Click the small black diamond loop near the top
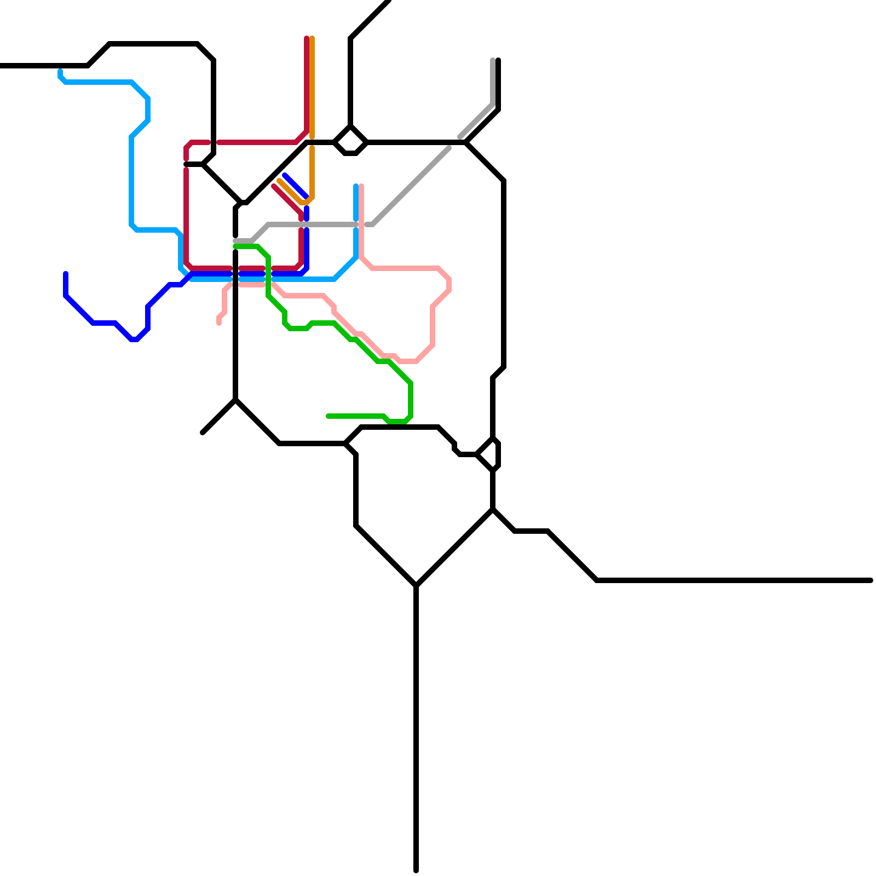[350, 141]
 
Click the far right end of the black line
[871, 580]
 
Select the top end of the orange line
[312, 38]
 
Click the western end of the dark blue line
[66, 273]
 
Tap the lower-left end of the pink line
[219, 323]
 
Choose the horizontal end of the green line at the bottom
[328, 416]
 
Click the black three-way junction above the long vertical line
[416, 586]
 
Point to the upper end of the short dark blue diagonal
[285, 175]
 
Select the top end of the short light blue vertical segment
[356, 186]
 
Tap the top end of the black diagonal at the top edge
[389, 2]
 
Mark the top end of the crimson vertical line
[307, 38]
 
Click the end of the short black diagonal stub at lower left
[203, 433]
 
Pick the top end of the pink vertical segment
[361, 186]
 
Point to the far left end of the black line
[2, 66]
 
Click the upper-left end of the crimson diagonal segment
[274, 187]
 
